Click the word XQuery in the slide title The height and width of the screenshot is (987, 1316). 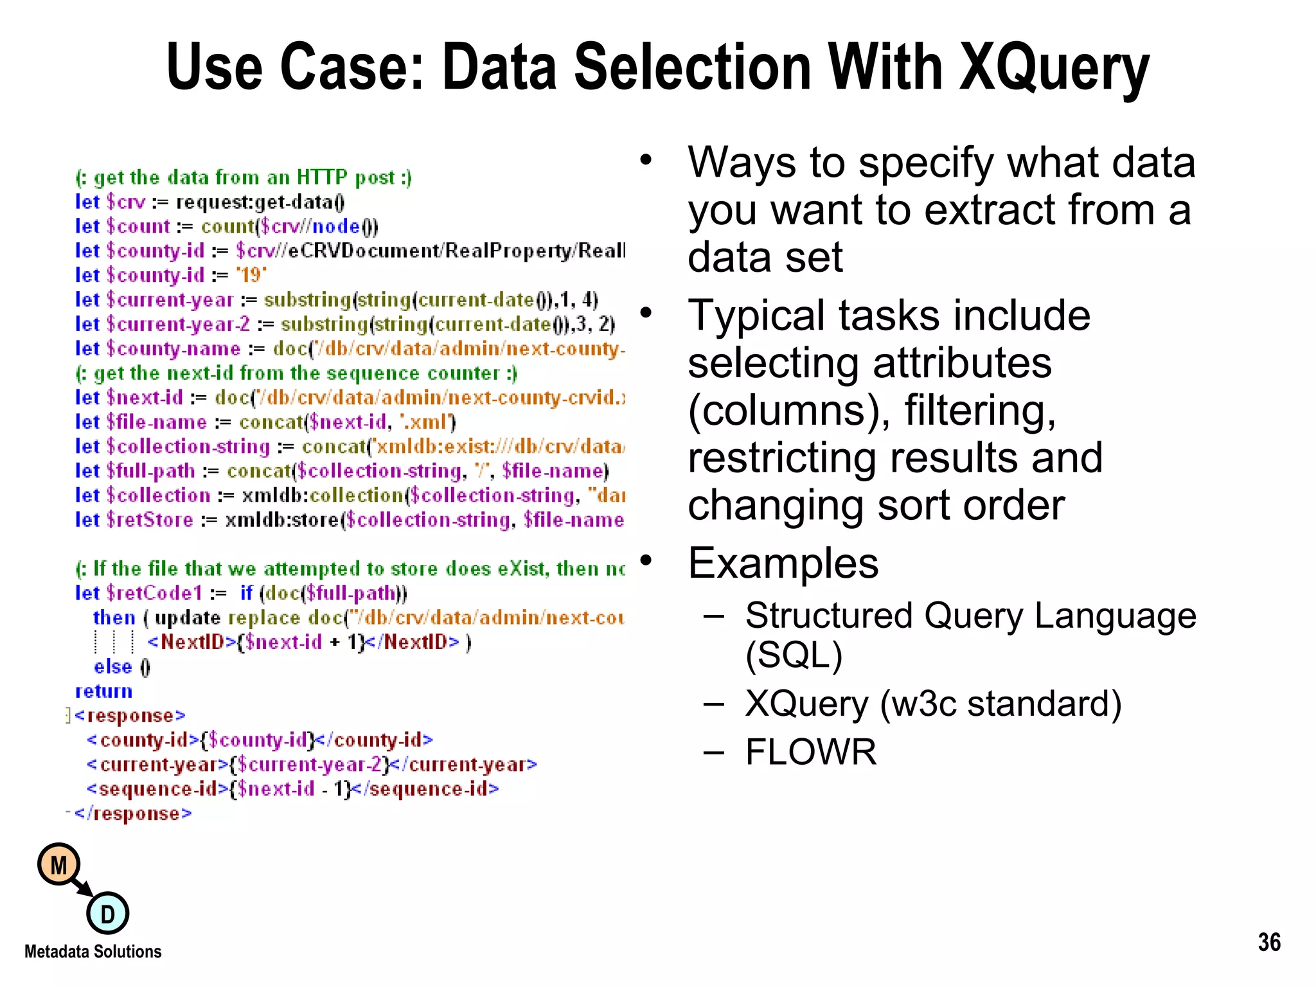[1054, 67]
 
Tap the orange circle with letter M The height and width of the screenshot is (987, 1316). [58, 865]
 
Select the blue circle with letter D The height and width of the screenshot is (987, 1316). [108, 913]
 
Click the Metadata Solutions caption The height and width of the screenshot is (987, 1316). [93, 952]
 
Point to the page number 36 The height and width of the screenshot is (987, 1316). [1269, 942]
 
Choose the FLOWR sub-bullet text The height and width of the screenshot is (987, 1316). [811, 752]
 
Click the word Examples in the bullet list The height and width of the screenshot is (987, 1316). [783, 564]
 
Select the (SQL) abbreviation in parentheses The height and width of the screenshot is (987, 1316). [794, 655]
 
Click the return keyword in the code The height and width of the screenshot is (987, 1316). [103, 691]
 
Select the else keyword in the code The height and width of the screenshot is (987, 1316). [112, 667]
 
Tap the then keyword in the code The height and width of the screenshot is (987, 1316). [114, 618]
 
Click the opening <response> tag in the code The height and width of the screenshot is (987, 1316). [130, 716]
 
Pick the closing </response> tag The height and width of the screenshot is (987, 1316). [133, 814]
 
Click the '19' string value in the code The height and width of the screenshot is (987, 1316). [251, 276]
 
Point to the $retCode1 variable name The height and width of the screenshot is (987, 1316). [154, 593]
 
